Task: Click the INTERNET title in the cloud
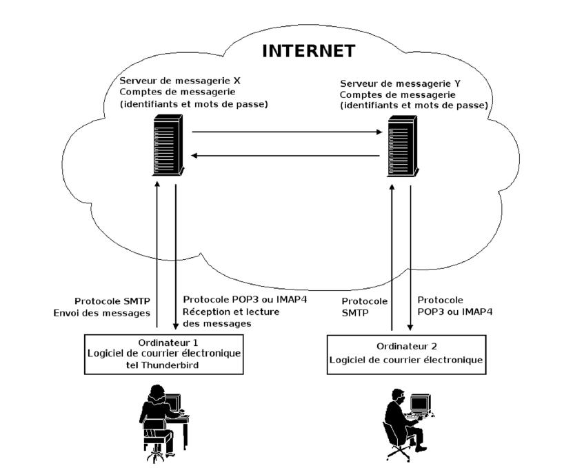click(x=309, y=51)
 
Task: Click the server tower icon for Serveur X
click(x=168, y=145)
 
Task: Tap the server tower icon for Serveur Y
click(x=403, y=146)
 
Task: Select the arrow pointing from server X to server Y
click(x=287, y=132)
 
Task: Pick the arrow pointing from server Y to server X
click(x=285, y=156)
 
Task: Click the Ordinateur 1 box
click(x=163, y=354)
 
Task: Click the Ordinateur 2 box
click(x=406, y=354)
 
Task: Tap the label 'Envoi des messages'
click(x=101, y=313)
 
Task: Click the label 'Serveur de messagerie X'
click(x=180, y=81)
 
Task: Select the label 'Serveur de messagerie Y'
click(x=400, y=83)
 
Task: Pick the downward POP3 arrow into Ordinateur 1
click(x=176, y=256)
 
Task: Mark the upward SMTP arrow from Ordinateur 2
click(x=392, y=257)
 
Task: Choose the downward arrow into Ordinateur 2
click(x=410, y=258)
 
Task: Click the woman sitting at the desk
click(x=157, y=420)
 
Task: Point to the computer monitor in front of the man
click(x=420, y=404)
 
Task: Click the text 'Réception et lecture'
click(x=231, y=312)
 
